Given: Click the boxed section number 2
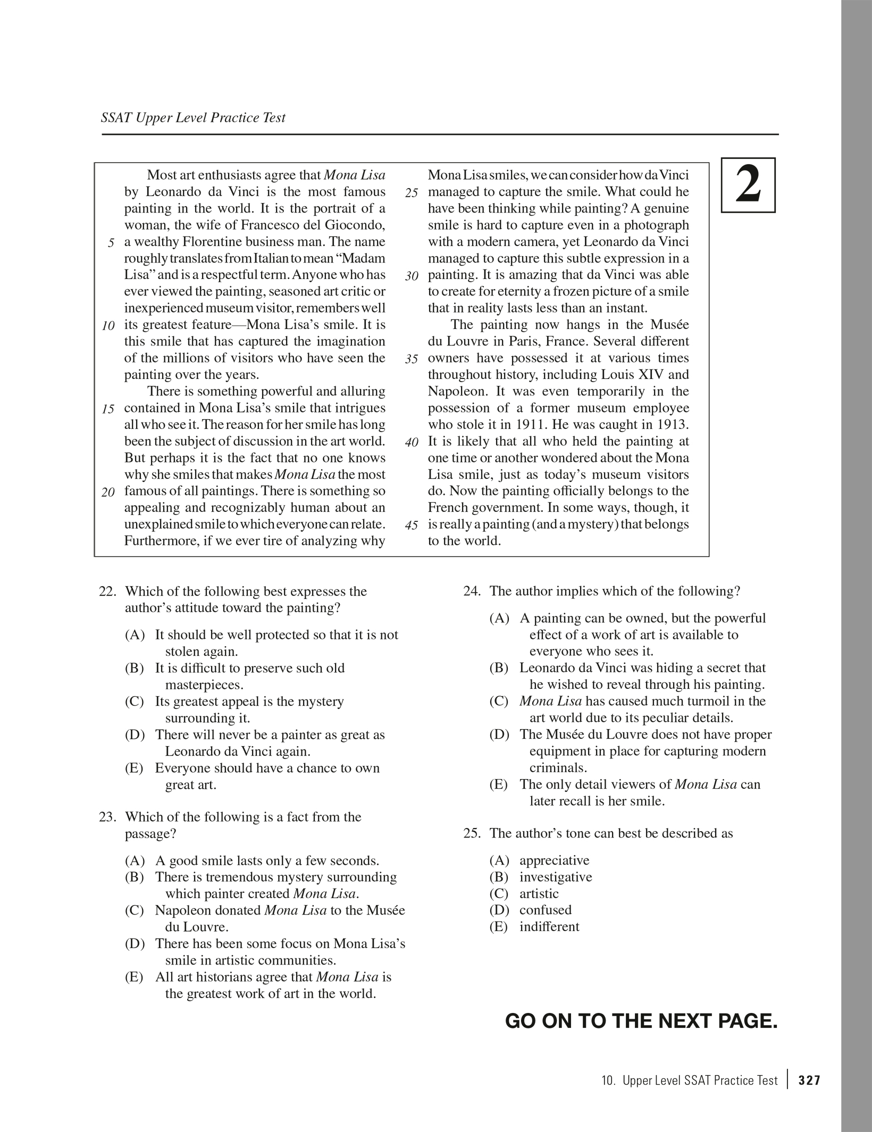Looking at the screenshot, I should [x=748, y=185].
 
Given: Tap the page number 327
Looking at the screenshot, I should [x=810, y=1080].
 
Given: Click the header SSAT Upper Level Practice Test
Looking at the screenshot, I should [x=193, y=117].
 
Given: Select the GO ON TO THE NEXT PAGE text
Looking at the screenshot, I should [x=641, y=1021].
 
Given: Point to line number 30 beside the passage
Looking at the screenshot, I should [x=412, y=276].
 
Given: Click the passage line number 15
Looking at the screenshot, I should [x=108, y=409].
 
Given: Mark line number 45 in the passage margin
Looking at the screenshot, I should [x=412, y=526].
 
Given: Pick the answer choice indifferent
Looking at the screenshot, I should [x=549, y=926].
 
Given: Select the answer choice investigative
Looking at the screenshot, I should [x=556, y=877].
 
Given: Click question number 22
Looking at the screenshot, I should [x=108, y=592].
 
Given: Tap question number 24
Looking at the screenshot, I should [x=472, y=591].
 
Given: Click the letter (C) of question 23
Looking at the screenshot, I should [x=135, y=910].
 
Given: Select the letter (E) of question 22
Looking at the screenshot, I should [x=135, y=768].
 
